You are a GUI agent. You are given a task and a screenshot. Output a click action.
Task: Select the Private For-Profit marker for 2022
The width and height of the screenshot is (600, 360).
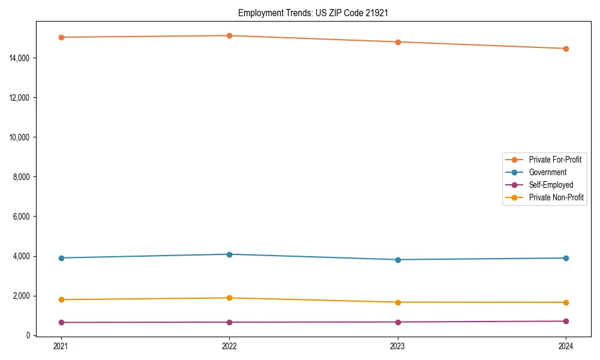[229, 35]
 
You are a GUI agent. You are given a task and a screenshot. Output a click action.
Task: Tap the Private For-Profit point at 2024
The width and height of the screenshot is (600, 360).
[566, 49]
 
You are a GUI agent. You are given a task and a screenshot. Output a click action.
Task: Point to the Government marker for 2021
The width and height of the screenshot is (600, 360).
[61, 258]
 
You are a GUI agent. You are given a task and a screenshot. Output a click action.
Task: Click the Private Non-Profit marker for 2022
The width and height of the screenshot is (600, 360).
[229, 298]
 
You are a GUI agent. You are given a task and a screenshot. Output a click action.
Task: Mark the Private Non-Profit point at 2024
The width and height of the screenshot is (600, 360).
[566, 302]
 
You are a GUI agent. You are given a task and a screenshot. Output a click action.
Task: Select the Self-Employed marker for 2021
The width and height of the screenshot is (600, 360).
[61, 322]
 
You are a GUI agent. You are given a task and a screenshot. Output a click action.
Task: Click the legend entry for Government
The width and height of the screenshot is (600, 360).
[547, 172]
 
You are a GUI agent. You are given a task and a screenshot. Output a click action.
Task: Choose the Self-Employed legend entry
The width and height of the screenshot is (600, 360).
[551, 185]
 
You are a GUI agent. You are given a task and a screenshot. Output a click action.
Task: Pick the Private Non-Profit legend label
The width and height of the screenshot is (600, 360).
[556, 197]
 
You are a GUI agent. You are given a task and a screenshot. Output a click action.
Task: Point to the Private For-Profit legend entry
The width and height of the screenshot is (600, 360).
[555, 160]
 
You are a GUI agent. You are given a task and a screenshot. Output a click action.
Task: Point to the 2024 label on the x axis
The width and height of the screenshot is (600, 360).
[566, 346]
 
